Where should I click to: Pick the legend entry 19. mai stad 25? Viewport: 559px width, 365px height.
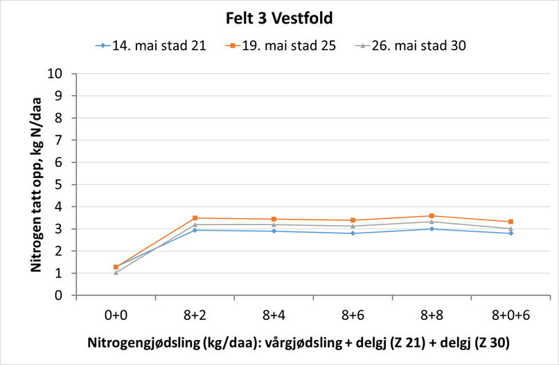click(281, 46)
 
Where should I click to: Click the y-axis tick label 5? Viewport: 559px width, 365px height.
click(60, 185)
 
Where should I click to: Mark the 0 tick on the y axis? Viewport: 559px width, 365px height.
click(60, 296)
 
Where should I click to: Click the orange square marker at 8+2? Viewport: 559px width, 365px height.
click(195, 218)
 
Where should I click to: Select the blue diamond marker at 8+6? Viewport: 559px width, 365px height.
click(353, 233)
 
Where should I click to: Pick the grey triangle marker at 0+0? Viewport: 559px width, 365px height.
click(116, 273)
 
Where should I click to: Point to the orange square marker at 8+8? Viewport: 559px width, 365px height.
click(432, 216)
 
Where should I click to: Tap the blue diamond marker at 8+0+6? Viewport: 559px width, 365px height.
click(511, 233)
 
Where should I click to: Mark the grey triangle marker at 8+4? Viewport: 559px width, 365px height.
click(274, 224)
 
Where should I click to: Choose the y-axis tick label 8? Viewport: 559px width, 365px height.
click(60, 118)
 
